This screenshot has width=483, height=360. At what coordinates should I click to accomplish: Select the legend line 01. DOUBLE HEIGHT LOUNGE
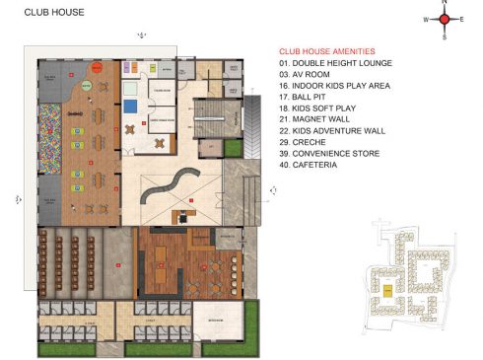(334, 63)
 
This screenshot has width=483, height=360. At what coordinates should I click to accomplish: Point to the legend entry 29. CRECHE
(306, 142)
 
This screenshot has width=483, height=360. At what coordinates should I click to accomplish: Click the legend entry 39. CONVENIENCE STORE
(331, 153)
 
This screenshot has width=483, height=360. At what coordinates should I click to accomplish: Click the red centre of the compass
(445, 19)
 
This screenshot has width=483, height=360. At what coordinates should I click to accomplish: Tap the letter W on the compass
(426, 20)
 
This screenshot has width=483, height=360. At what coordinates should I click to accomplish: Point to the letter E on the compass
(462, 20)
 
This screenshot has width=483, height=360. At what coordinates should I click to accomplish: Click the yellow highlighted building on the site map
(387, 290)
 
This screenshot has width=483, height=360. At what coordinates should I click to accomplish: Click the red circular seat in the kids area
(99, 68)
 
